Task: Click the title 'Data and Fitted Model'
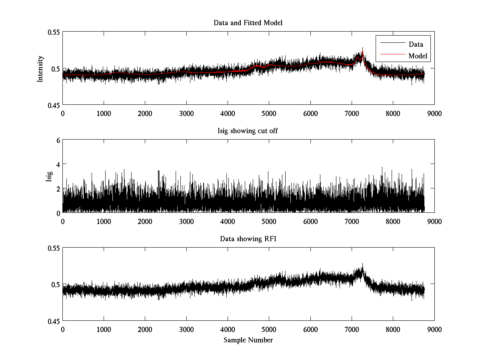248,23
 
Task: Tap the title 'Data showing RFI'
248,239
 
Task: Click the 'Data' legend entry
416,44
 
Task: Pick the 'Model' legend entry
418,56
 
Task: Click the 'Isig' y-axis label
49,176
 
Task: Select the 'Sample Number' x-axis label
248,340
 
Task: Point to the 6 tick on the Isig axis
58,140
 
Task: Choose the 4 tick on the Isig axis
58,164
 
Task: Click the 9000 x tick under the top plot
434,113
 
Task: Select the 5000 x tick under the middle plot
269,221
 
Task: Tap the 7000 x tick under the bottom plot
352,329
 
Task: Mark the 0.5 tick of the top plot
55,68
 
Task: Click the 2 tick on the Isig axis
58,188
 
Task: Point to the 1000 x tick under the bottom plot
104,329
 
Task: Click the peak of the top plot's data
362,48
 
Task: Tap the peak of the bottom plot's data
362,263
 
